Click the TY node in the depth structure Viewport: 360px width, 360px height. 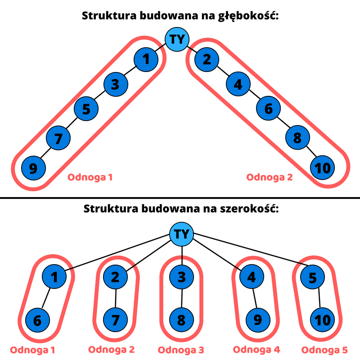[178, 39]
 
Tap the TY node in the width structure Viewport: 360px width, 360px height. [181, 234]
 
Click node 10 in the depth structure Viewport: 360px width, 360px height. [323, 168]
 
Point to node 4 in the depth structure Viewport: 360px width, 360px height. [238, 84]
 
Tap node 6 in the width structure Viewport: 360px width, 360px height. [37, 321]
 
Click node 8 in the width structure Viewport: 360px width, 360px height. [181, 321]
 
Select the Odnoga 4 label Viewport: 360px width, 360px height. [256, 350]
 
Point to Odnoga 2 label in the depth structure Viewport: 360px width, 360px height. [269, 177]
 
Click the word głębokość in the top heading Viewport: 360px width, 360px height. [246, 17]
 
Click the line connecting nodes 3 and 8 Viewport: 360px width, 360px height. [181, 299]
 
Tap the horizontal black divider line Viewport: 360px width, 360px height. [180, 198]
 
